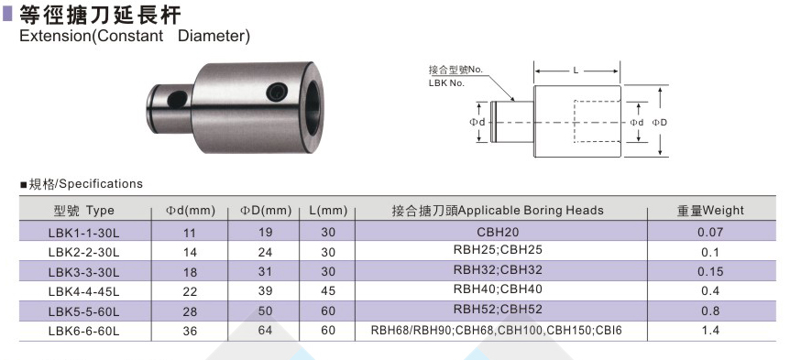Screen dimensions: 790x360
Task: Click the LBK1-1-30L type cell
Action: tap(83, 233)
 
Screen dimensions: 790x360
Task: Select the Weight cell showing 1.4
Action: tap(710, 331)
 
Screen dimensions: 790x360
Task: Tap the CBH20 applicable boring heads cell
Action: tap(498, 232)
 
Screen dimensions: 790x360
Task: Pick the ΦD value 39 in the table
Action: tap(265, 291)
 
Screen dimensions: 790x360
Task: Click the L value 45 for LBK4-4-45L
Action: tap(328, 291)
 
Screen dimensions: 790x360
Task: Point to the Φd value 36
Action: tap(190, 332)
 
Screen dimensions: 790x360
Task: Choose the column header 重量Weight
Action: tap(710, 211)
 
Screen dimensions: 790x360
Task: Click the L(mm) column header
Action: tap(328, 211)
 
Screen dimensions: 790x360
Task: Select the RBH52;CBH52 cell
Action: tap(498, 309)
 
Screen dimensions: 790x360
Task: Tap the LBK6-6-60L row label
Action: tap(83, 332)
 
